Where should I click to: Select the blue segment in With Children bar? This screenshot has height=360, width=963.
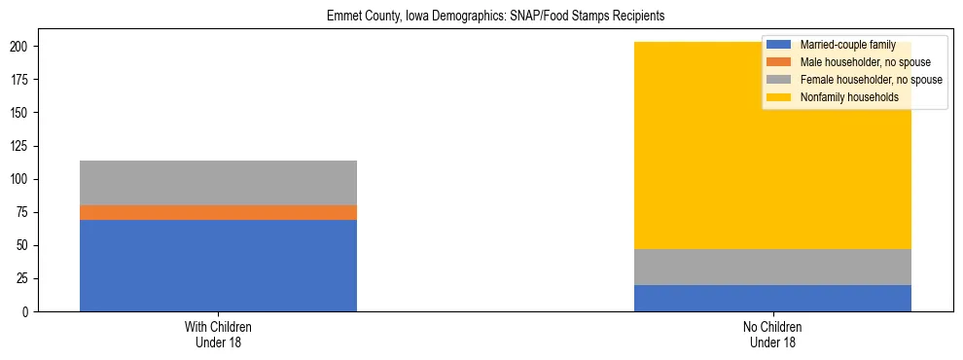[218, 265]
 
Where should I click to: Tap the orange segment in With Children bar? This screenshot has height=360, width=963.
[218, 212]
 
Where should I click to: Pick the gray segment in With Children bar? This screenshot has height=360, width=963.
[218, 182]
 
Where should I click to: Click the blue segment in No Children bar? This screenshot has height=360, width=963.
[772, 298]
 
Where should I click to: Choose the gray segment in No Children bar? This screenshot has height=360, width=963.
[772, 267]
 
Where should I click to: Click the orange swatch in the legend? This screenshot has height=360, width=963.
[778, 62]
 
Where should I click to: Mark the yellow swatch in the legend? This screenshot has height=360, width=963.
[778, 97]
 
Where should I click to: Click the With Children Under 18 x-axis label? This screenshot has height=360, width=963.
[218, 334]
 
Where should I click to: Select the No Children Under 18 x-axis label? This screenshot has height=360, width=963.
[772, 334]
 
